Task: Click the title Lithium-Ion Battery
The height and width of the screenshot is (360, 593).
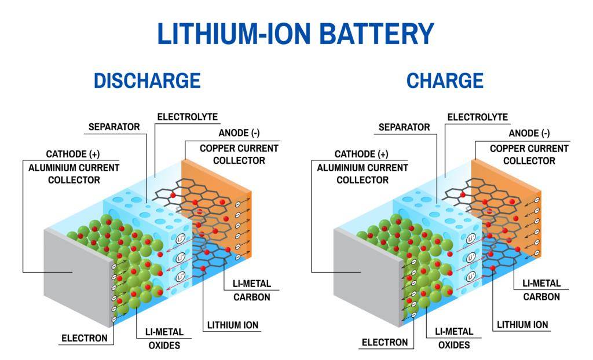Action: [x=296, y=34]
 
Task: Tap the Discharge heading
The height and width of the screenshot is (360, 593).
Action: [x=147, y=80]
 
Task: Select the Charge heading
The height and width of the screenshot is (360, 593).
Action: [x=445, y=80]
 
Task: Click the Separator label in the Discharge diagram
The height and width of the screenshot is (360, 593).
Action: [x=114, y=127]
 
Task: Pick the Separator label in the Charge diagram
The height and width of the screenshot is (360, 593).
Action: [x=404, y=127]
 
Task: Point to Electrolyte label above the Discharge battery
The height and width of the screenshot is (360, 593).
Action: [x=188, y=117]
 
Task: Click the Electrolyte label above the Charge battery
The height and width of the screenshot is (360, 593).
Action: [x=478, y=117]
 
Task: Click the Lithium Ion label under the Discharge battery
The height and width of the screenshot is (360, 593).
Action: [x=233, y=325]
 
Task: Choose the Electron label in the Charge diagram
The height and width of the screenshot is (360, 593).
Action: [x=385, y=342]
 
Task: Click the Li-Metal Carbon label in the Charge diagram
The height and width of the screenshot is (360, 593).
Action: [x=541, y=290]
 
